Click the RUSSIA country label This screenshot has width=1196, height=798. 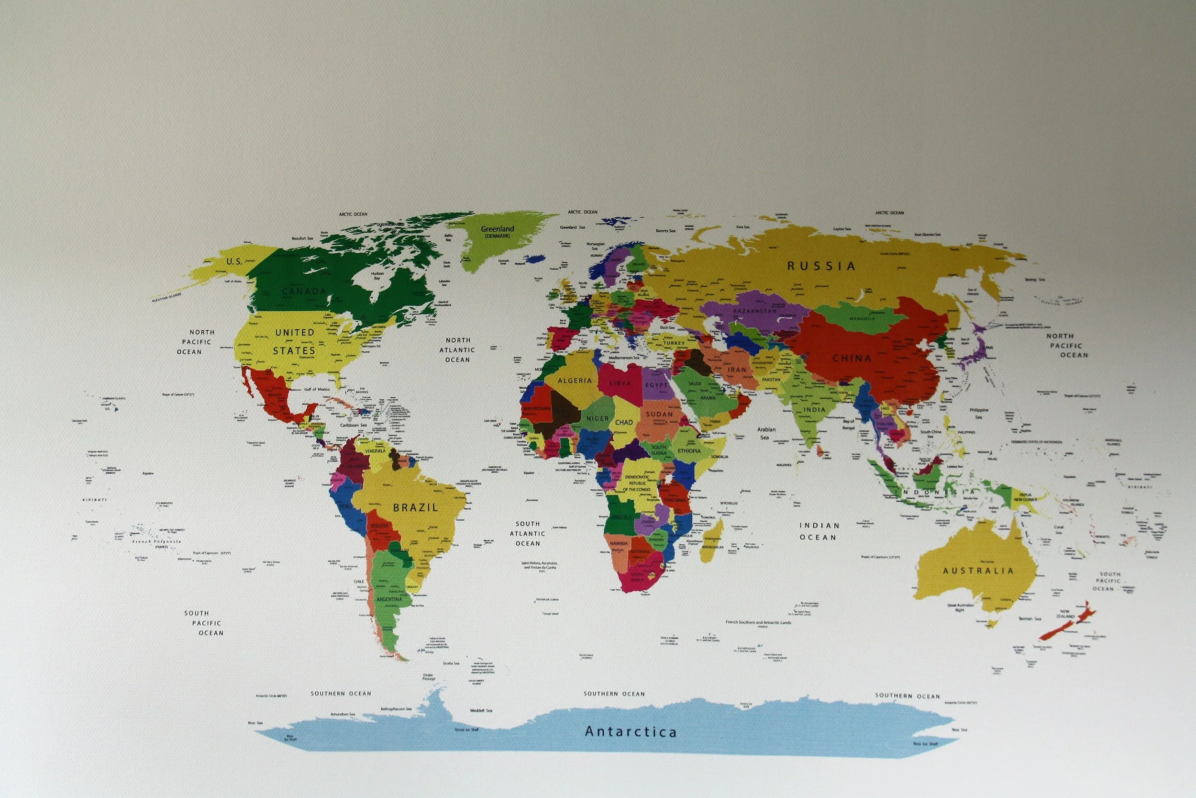tap(822, 266)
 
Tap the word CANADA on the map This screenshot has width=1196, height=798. tap(304, 292)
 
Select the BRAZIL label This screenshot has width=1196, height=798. tap(415, 507)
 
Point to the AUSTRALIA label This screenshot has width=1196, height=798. tap(978, 571)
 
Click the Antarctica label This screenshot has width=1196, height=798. tap(631, 732)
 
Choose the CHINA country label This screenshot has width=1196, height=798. tap(852, 358)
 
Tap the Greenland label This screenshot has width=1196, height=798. tap(498, 229)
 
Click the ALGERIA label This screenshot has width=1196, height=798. tap(575, 381)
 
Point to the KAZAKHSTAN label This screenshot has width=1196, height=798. tap(754, 311)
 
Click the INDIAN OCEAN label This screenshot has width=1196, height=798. tap(818, 531)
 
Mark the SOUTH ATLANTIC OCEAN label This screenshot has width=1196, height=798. tap(528, 533)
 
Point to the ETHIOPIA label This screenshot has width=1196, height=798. tap(689, 451)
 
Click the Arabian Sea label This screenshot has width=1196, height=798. tap(766, 433)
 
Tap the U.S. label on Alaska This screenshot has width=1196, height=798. tap(234, 261)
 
